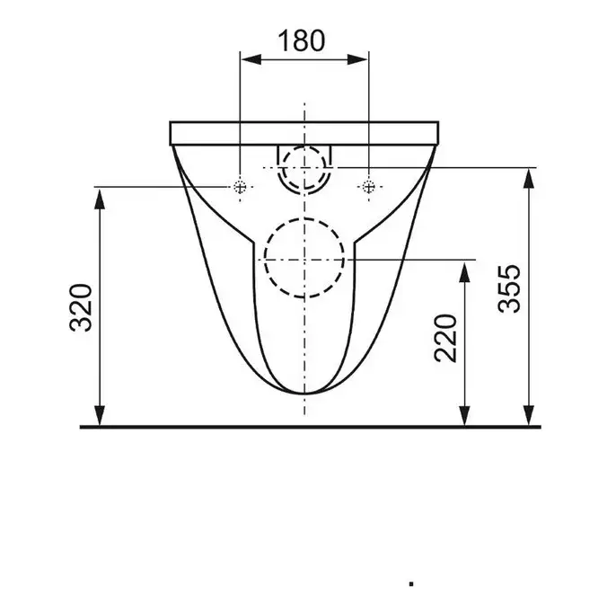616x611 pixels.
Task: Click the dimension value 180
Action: [x=302, y=41]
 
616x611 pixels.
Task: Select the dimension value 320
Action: [x=81, y=308]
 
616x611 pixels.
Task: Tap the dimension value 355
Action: [x=509, y=288]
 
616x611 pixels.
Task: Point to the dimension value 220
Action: [x=445, y=338]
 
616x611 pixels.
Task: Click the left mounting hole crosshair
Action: [x=240, y=186]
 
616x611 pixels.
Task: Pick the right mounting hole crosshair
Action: [x=368, y=186]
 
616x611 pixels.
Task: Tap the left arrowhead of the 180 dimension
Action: [x=251, y=60]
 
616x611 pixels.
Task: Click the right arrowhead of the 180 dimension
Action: [x=357, y=60]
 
